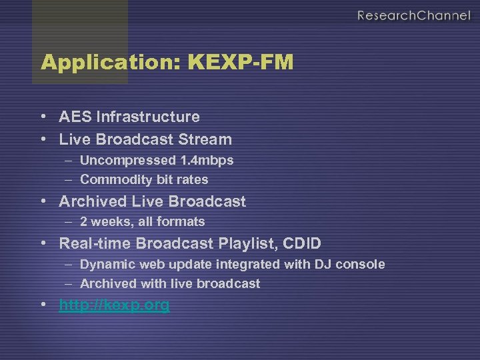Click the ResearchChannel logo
coord(413,15)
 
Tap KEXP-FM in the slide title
coord(241,63)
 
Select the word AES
coord(75,117)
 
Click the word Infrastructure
coord(148,117)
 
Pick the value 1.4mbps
coord(206,161)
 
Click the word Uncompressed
coord(127,161)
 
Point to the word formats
coord(181,221)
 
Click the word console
coord(360,264)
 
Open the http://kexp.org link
coord(114,306)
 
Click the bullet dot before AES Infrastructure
coord(43,117)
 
